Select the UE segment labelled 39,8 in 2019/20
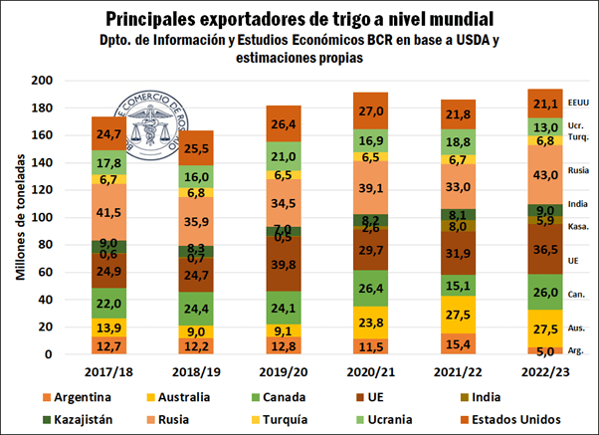coord(279,264)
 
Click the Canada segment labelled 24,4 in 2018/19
coord(195,309)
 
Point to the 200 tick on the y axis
coord(40,81)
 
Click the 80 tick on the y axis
coord(44,245)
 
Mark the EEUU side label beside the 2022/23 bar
coord(578,103)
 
